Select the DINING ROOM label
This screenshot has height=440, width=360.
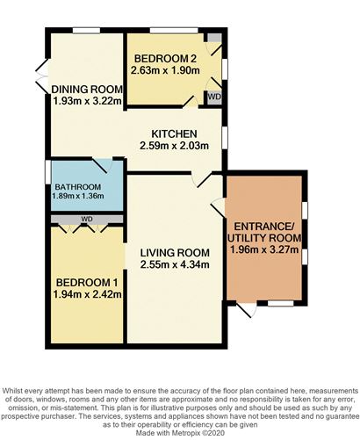[x=83, y=89]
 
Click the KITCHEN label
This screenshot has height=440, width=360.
[x=173, y=133]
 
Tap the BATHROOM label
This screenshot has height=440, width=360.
[x=77, y=187]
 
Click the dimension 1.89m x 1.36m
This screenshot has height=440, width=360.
[x=77, y=198]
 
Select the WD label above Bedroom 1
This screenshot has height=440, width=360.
[x=86, y=217]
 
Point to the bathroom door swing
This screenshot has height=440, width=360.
[x=105, y=169]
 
